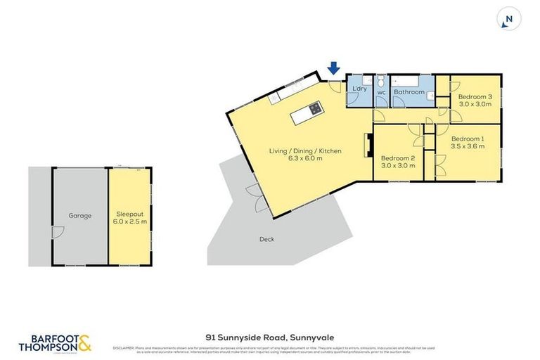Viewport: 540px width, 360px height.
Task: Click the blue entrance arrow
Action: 334,68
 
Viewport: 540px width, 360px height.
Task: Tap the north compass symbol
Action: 508,20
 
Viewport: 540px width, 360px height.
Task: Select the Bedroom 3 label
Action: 475,96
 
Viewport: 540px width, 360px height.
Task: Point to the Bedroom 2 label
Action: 399,158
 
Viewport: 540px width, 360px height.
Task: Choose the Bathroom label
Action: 409,91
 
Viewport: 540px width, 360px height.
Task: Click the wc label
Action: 381,92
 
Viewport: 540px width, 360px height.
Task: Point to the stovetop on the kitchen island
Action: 314,108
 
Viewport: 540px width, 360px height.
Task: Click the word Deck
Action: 266,239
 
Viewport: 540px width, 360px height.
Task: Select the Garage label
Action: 80,216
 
